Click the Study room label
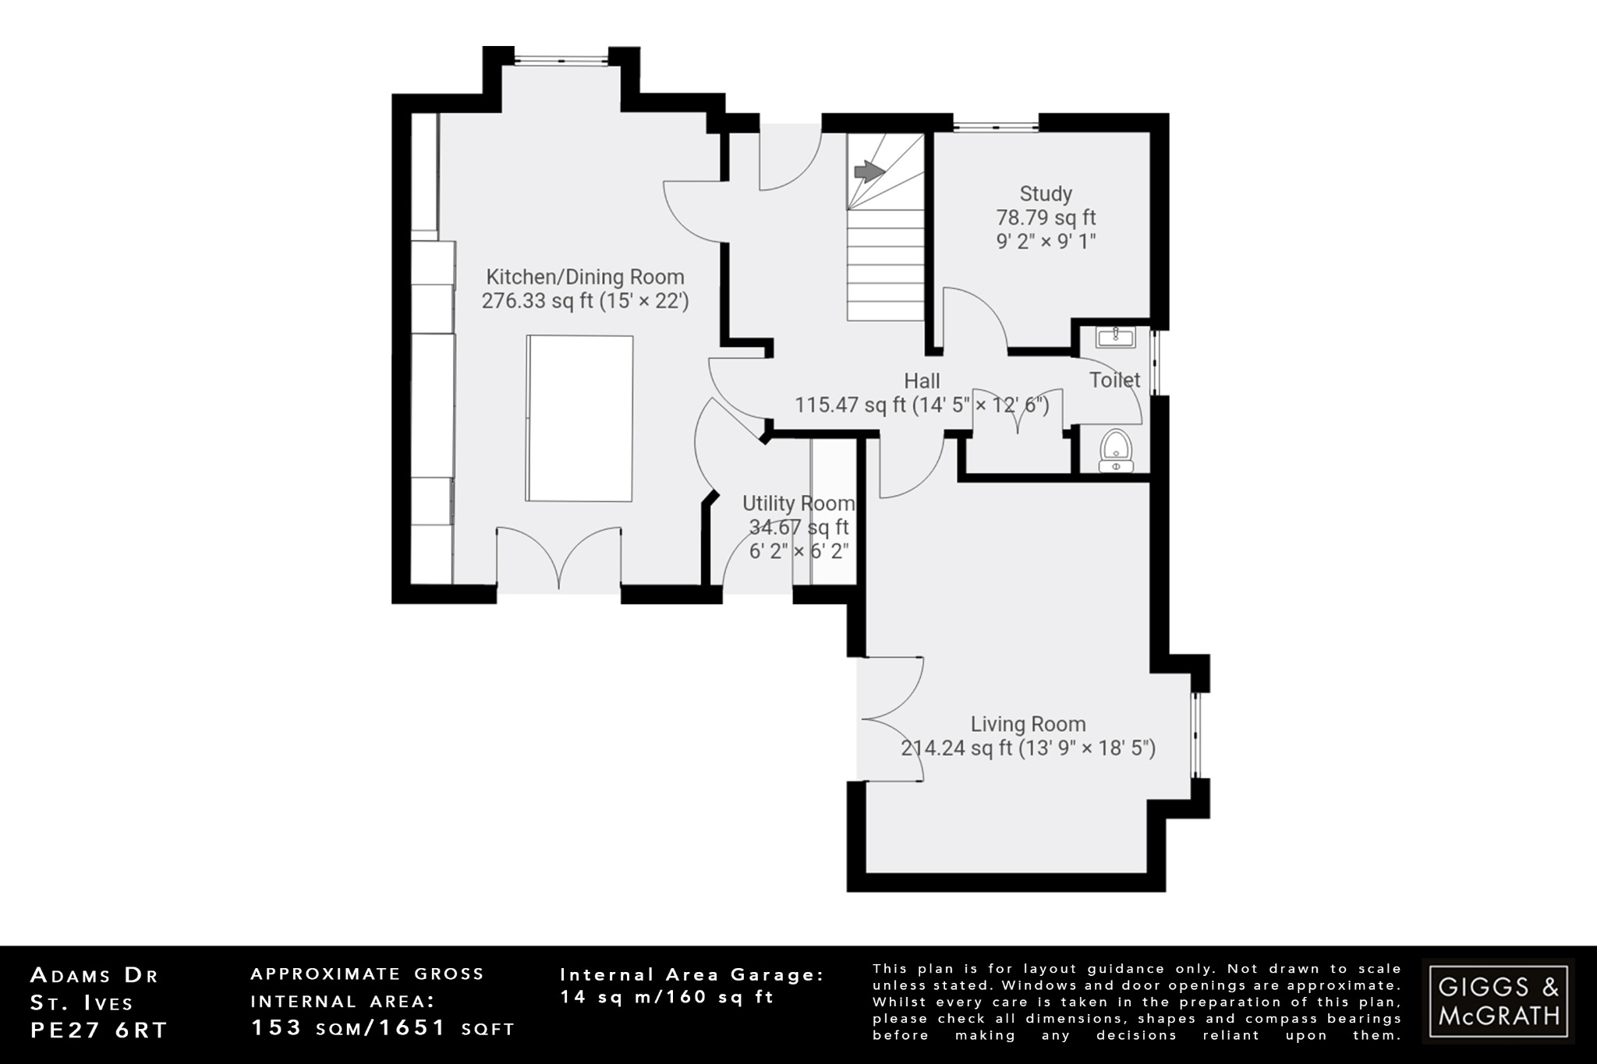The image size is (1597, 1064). [x=1046, y=193]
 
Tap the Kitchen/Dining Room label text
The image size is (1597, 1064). [x=585, y=277]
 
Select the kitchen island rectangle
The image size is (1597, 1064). [x=579, y=419]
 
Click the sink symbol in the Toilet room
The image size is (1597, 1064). [x=1115, y=338]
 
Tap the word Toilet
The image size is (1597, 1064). [x=1114, y=380]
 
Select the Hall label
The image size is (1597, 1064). [x=922, y=381]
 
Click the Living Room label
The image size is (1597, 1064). [x=1028, y=724]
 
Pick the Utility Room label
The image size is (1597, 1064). [x=798, y=503]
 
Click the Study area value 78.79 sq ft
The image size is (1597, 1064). [x=1046, y=217]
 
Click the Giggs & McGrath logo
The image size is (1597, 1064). [x=1498, y=1001]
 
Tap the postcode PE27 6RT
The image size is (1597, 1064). [x=99, y=1030]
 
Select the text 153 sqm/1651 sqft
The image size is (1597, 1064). [x=382, y=1028]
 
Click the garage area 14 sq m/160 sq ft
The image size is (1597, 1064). [x=667, y=997]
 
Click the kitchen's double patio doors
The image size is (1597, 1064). [x=559, y=558]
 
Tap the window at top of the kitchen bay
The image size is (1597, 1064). [x=561, y=58]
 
